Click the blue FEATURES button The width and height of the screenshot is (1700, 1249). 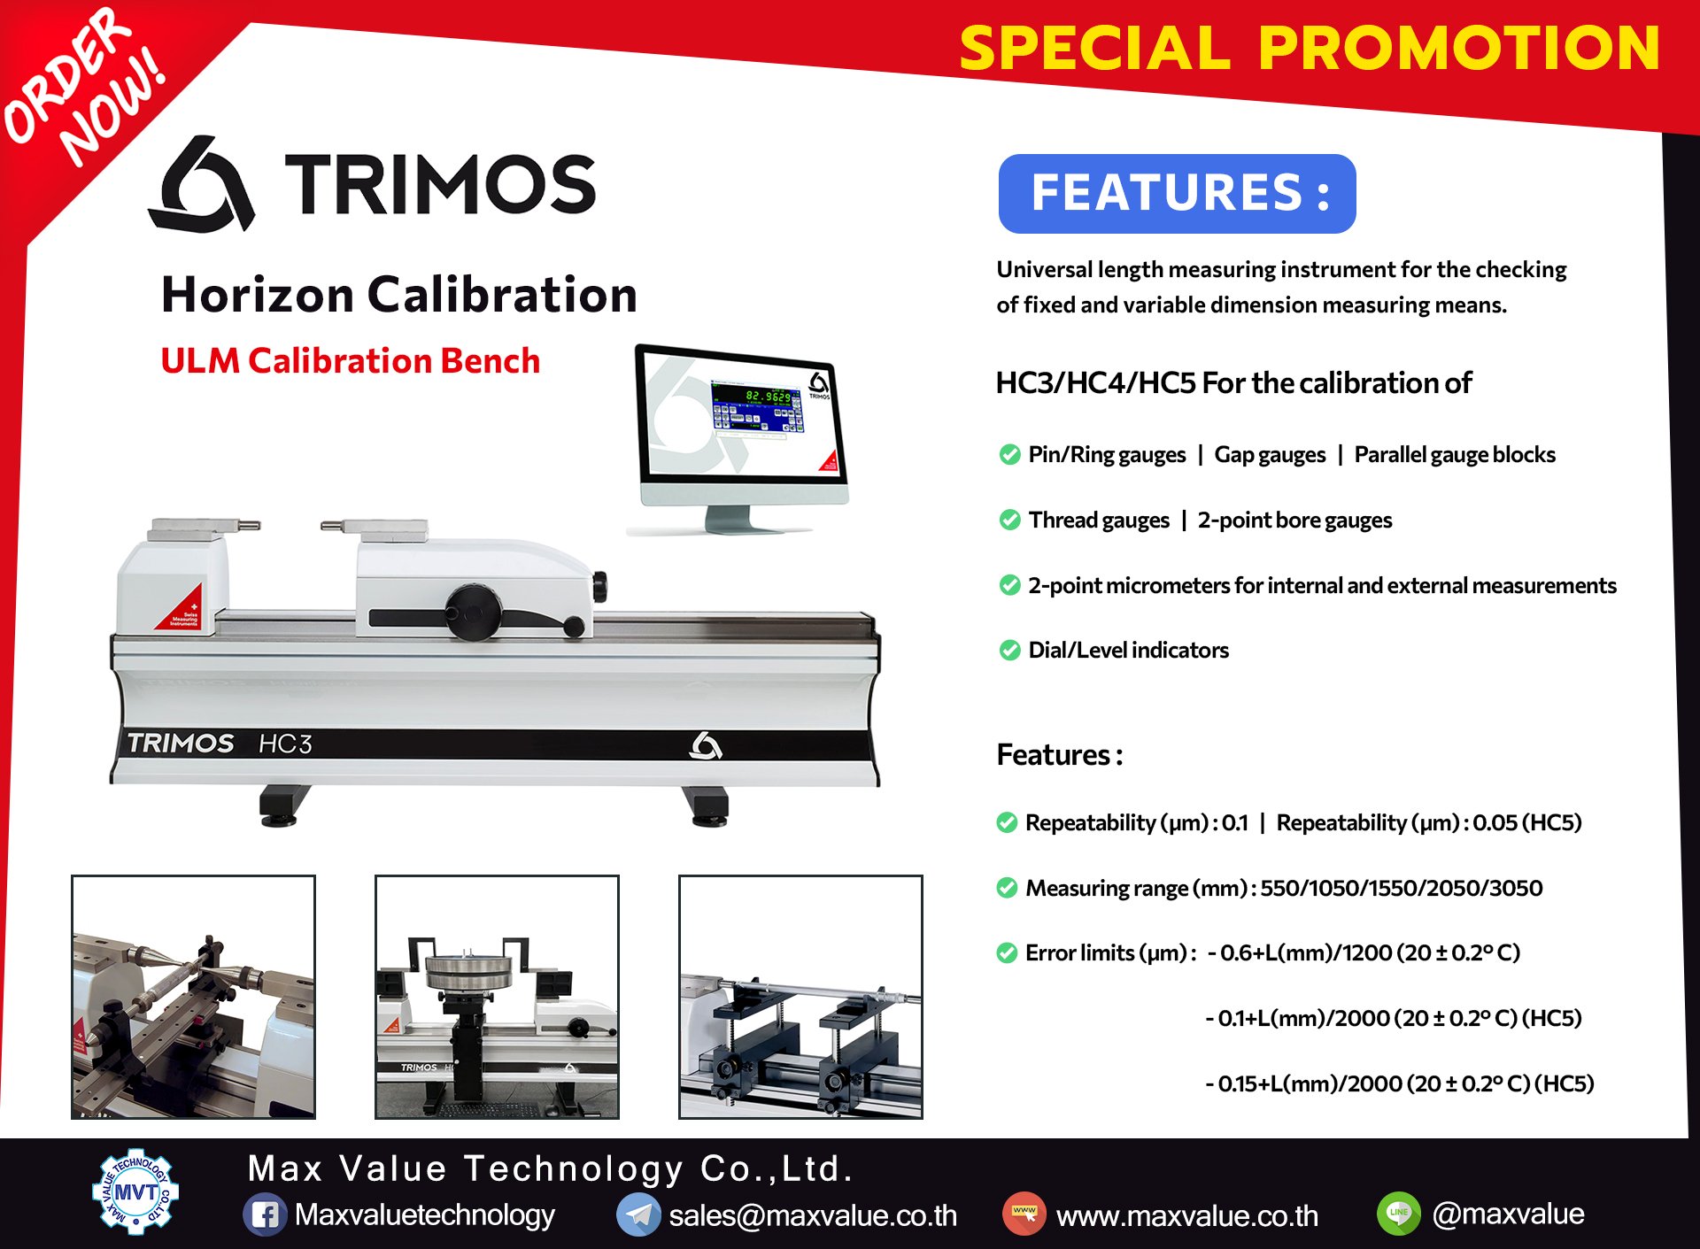1177,194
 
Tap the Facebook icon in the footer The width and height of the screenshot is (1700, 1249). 265,1214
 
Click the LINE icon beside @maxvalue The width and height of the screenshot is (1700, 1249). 1399,1214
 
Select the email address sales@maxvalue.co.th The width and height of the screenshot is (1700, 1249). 813,1215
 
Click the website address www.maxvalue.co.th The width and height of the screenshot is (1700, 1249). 1187,1215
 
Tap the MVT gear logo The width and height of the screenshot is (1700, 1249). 135,1192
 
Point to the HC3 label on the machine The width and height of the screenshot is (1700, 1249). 285,744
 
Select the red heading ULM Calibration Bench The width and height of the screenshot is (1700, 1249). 351,361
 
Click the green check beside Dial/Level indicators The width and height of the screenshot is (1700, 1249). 1009,651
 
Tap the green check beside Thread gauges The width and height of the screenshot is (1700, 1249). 1009,520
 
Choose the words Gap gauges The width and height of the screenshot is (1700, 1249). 1270,455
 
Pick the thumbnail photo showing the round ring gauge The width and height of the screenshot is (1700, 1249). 497,997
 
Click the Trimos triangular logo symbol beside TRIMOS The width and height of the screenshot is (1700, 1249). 202,183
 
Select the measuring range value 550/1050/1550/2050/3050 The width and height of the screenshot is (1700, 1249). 1401,888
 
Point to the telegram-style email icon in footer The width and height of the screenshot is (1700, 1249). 638,1214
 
